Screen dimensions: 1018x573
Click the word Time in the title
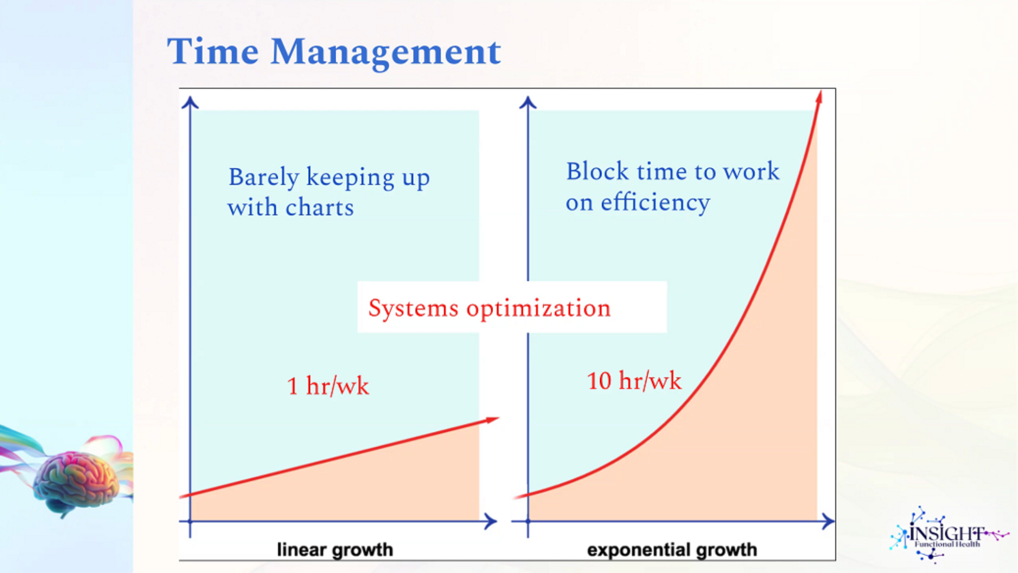[x=213, y=51]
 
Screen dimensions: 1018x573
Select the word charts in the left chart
[x=320, y=207]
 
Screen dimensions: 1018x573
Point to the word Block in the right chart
[x=597, y=171]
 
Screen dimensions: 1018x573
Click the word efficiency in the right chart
[x=655, y=202]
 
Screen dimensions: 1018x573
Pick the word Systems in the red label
[x=413, y=309]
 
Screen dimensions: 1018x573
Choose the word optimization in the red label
[x=538, y=309]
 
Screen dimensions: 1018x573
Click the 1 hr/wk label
[x=328, y=386]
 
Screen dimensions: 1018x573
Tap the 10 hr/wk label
[x=634, y=381]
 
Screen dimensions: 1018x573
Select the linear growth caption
[x=335, y=550]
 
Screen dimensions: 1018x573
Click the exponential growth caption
[x=672, y=550]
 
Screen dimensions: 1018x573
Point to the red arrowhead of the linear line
[x=492, y=420]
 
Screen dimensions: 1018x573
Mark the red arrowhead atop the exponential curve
[x=819, y=96]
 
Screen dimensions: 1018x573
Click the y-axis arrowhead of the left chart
[x=190, y=102]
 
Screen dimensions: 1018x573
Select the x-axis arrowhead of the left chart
[x=491, y=521]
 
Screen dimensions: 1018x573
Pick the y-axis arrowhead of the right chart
[x=528, y=102]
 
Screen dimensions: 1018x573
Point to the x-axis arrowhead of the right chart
[x=829, y=521]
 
